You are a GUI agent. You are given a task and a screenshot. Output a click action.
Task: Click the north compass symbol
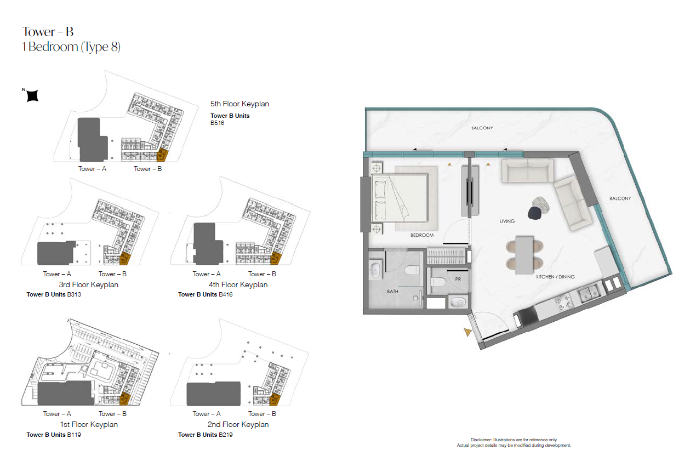32,96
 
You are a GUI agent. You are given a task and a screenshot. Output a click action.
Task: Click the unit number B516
217,123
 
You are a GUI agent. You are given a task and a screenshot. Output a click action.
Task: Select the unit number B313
74,294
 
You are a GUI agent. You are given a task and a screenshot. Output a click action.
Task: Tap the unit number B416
226,294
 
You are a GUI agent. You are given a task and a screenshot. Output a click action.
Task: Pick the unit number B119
74,435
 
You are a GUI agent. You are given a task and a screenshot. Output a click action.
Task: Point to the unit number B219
226,435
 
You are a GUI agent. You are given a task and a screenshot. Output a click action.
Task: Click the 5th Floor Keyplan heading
239,104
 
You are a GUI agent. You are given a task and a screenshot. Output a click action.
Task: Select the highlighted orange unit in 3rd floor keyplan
125,259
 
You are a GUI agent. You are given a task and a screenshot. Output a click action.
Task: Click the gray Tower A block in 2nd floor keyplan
214,394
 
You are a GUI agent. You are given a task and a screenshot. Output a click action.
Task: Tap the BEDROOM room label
422,235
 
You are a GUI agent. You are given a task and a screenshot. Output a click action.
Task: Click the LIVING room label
507,221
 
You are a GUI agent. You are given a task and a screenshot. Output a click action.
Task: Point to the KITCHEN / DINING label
555,277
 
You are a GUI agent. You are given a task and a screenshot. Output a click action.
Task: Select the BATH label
392,292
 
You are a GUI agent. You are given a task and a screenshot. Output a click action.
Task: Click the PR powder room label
458,279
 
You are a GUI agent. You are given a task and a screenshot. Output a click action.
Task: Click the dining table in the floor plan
524,255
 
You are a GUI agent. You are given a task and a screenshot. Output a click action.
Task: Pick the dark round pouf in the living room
535,213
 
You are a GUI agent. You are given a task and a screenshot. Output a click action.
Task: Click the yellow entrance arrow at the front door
467,332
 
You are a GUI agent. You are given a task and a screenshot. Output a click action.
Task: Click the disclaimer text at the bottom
514,443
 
